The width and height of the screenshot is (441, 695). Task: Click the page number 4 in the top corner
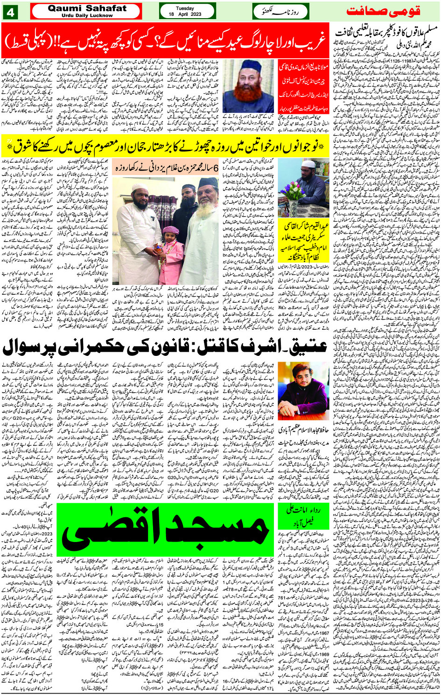[x=10, y=11]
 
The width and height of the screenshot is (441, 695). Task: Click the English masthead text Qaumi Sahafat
[x=87, y=8]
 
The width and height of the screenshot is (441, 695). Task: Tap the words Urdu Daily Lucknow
[x=87, y=15]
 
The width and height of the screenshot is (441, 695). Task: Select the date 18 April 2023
[x=187, y=14]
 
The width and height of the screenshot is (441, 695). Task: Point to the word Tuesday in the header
[x=187, y=8]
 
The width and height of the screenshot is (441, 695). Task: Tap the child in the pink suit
[x=167, y=252]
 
